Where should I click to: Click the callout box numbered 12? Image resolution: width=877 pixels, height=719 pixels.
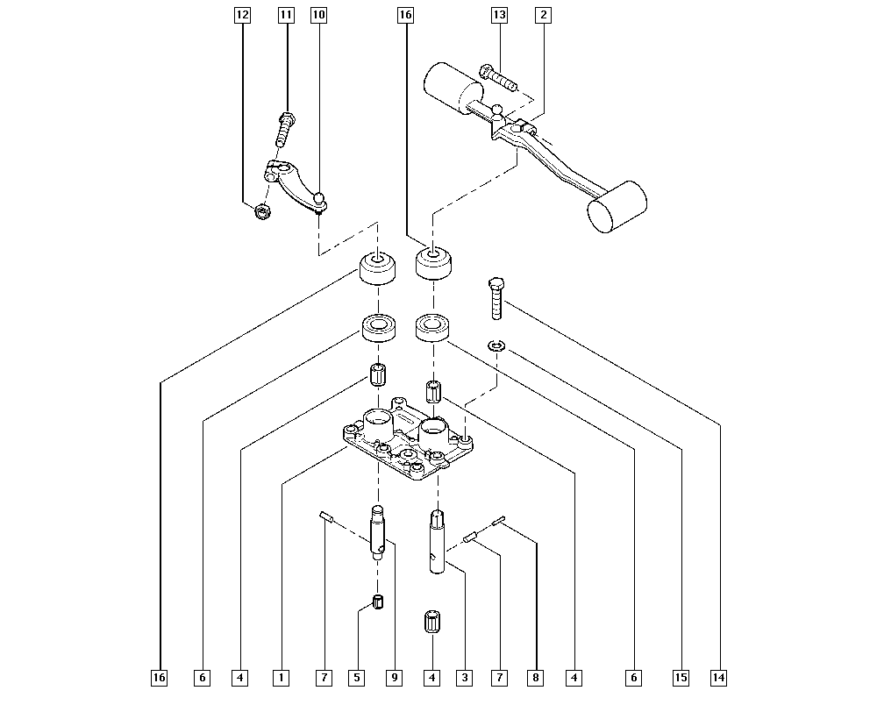(x=242, y=15)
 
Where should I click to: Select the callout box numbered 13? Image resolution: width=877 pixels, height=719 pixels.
(x=499, y=15)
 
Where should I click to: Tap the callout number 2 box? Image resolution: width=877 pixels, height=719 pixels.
(x=544, y=15)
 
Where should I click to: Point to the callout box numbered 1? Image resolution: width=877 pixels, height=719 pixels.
(x=281, y=677)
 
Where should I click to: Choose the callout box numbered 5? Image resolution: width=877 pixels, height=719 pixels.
(x=357, y=677)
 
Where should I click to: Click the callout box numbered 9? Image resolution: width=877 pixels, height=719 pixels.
(x=395, y=677)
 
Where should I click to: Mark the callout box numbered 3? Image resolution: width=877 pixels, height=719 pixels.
(x=464, y=677)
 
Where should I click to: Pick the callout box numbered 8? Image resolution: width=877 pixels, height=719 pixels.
(x=535, y=677)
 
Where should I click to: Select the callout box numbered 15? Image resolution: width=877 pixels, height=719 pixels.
(x=681, y=677)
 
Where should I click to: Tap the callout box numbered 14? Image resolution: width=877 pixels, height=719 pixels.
(x=719, y=677)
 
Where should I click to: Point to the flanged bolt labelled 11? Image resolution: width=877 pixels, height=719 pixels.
(x=284, y=129)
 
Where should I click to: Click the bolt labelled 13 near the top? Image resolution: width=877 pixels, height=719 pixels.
(x=497, y=78)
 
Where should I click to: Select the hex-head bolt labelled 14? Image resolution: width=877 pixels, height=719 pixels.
(x=496, y=297)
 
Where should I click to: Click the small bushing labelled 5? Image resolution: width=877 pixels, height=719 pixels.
(x=379, y=603)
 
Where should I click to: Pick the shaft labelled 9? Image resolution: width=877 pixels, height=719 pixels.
(x=378, y=530)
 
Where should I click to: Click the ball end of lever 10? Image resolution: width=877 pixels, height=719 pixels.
(x=321, y=198)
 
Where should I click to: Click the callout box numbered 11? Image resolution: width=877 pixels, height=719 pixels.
(x=286, y=15)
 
